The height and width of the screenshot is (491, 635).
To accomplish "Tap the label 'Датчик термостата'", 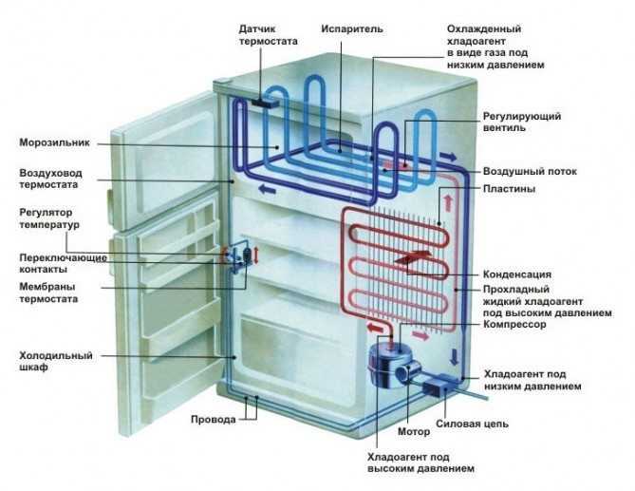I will (267, 35).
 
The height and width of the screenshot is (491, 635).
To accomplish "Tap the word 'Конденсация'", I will (517, 274).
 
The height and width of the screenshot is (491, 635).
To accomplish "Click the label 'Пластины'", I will (509, 189).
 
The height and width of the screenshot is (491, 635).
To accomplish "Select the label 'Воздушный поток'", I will (530, 171).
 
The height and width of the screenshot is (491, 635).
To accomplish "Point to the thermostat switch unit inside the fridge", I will (243, 258).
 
